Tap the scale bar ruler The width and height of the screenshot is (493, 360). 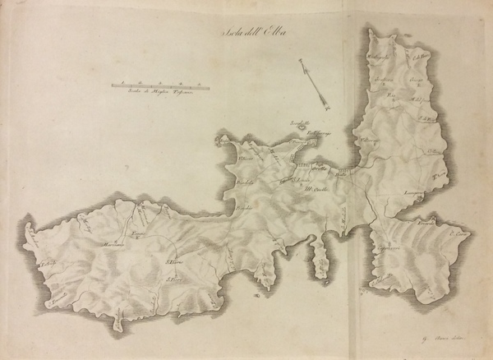click(162, 85)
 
